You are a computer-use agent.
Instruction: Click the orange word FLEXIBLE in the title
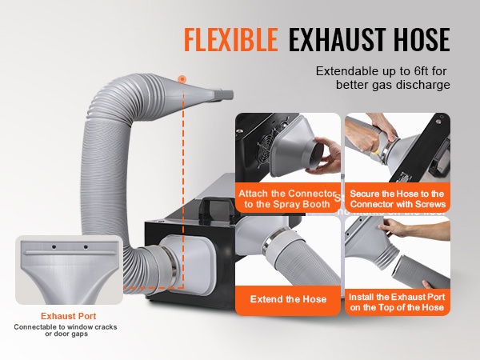point(231,39)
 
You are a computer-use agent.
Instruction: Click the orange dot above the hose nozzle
point(182,79)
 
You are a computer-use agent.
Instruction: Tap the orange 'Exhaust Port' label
point(68,316)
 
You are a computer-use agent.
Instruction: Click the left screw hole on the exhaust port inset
point(54,246)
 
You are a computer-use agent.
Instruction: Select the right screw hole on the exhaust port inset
point(86,246)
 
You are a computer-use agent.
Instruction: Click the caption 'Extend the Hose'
point(288,299)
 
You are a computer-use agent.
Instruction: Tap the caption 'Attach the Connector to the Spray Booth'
point(287,198)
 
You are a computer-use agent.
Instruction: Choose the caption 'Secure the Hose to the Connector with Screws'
point(398,198)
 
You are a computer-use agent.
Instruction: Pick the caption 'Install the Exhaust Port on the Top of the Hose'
point(397,302)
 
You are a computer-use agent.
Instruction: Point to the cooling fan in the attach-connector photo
point(265,150)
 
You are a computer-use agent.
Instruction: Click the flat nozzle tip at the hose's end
point(226,95)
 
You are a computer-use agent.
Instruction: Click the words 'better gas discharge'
point(393,85)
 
